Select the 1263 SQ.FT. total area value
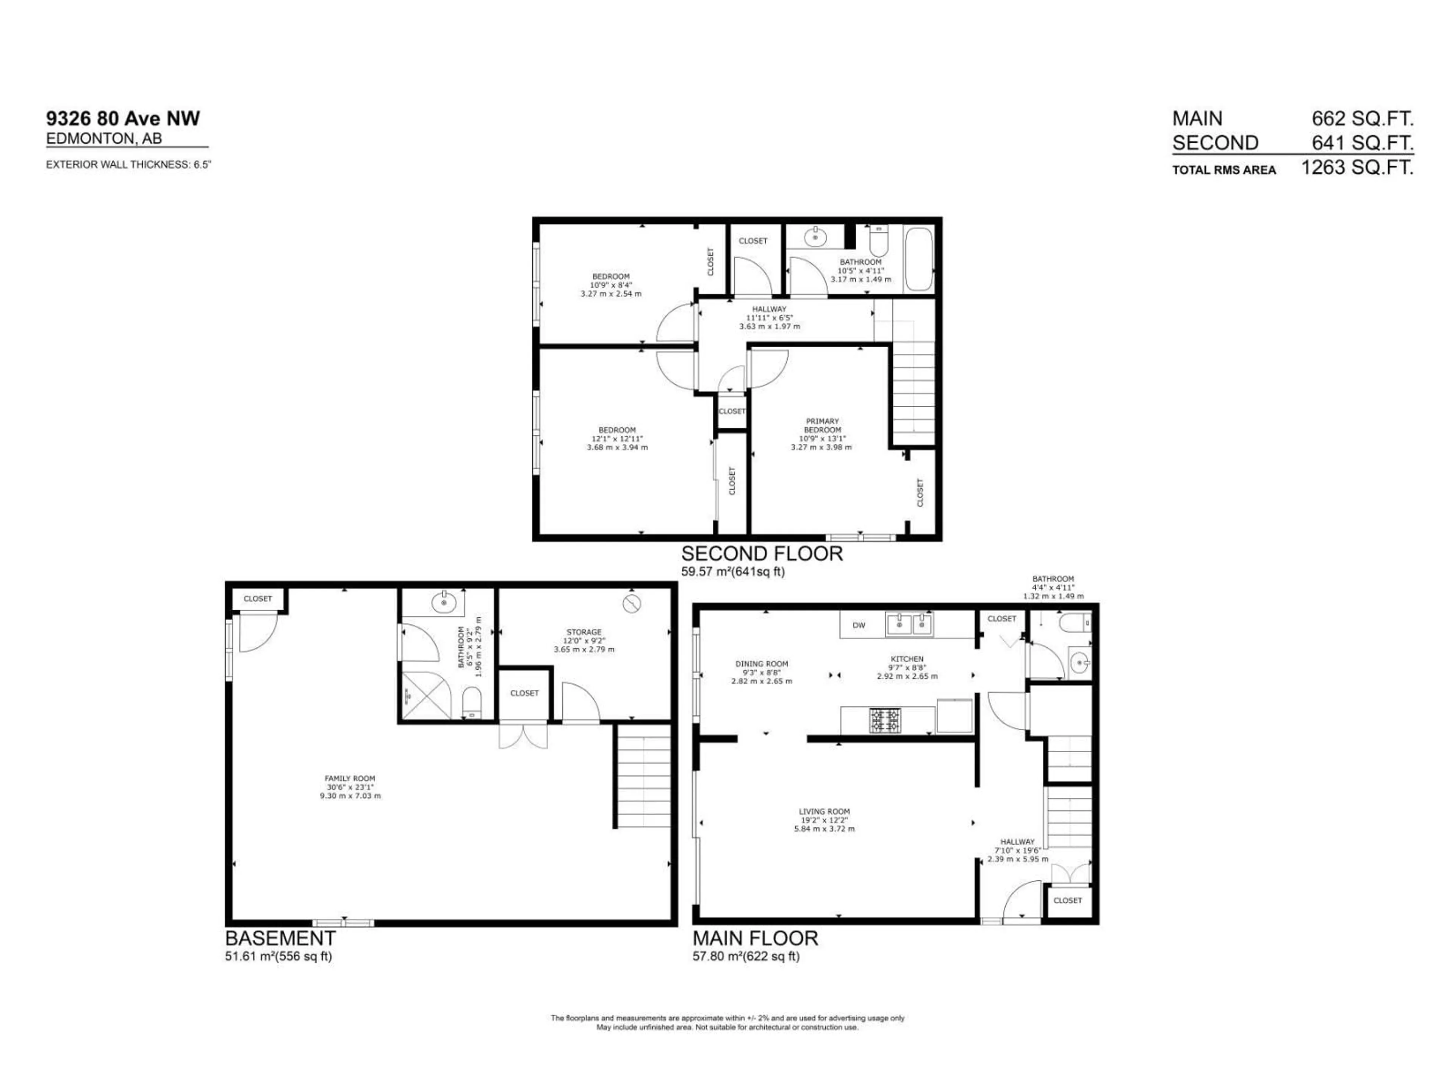1357,168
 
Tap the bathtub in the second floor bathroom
918,259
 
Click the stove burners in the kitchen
886,720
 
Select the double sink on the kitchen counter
909,624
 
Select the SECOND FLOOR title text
762,554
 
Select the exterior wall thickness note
128,165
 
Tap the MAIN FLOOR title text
755,938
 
